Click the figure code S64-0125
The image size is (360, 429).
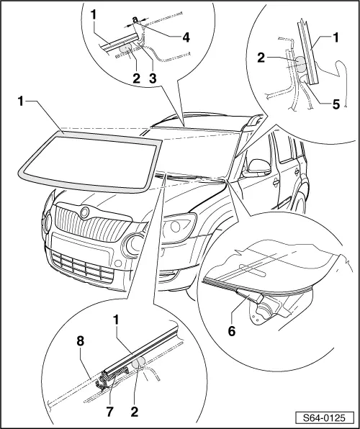pyautogui.click(x=325, y=417)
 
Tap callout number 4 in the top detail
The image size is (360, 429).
pyautogui.click(x=186, y=37)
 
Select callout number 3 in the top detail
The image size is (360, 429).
pyautogui.click(x=153, y=78)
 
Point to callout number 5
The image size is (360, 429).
pyautogui.click(x=336, y=104)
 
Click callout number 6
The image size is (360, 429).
pyautogui.click(x=232, y=332)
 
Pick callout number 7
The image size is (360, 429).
pyautogui.click(x=109, y=412)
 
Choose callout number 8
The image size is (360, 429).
pyautogui.click(x=81, y=342)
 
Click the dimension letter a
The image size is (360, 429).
pyautogui.click(x=135, y=20)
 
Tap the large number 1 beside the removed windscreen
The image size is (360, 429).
pyautogui.click(x=21, y=101)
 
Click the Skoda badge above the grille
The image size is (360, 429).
pyautogui.click(x=85, y=212)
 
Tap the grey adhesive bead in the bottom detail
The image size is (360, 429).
pyautogui.click(x=138, y=363)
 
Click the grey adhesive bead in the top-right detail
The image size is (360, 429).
pyautogui.click(x=302, y=64)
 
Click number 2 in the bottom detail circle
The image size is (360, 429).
pyautogui.click(x=134, y=412)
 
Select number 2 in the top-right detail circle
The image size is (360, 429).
pyautogui.click(x=261, y=58)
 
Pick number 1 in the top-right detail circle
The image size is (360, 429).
pyautogui.click(x=336, y=37)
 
